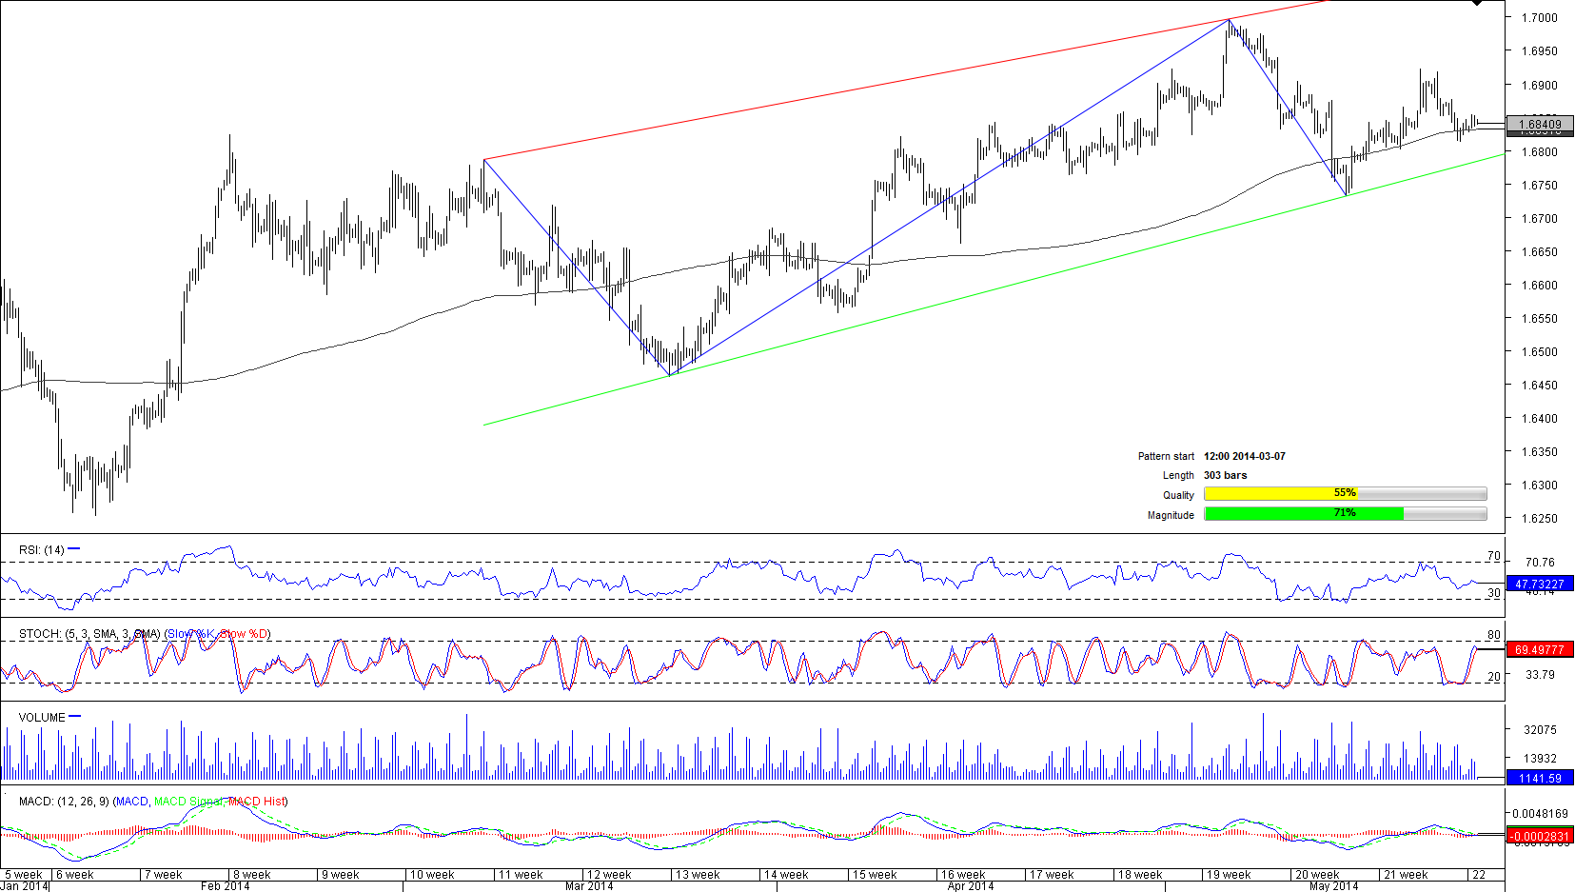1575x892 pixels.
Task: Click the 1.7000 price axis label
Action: coord(1539,18)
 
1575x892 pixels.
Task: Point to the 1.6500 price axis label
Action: coord(1539,352)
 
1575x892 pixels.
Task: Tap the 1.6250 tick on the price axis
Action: coord(1539,519)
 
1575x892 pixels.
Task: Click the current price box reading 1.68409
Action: coord(1540,124)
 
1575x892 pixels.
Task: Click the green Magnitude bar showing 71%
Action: coord(1303,513)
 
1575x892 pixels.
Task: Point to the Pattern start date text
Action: coord(1244,457)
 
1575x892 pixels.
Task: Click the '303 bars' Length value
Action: coord(1225,475)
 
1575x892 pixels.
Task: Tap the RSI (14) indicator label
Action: coord(42,550)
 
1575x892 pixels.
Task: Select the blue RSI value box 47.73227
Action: coord(1540,584)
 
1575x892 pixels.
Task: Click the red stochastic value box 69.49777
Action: coord(1540,649)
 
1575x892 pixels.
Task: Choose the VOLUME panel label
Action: coord(42,718)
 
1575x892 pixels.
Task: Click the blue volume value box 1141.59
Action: coord(1540,779)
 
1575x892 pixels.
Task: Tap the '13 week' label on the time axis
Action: coord(698,875)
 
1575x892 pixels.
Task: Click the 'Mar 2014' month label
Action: coord(588,886)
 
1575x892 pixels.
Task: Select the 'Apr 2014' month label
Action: coord(970,886)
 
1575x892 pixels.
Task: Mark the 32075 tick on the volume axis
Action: coord(1540,730)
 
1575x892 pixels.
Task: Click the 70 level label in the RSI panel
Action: coord(1493,556)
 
